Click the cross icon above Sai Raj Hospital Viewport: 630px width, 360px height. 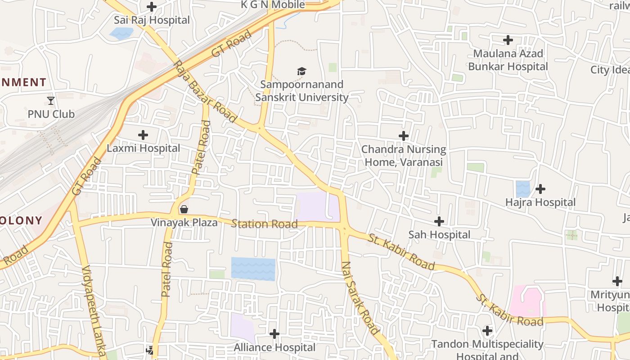[152, 7]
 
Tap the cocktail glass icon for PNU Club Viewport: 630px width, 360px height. [50, 100]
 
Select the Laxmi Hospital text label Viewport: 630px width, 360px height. [143, 148]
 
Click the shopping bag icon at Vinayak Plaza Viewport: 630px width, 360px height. [184, 209]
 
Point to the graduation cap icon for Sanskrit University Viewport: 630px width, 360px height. [301, 71]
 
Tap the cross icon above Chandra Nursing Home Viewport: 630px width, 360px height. [404, 136]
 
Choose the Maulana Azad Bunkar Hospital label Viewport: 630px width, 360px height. [508, 60]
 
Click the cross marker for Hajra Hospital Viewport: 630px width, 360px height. [540, 189]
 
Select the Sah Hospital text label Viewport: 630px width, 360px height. [439, 234]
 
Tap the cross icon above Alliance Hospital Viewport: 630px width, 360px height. [274, 334]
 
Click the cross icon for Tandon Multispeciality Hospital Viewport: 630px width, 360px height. [487, 331]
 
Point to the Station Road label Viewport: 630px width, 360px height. [264, 224]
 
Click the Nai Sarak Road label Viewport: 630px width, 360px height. [360, 297]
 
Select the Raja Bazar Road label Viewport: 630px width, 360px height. [205, 91]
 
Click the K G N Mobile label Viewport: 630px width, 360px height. [273, 5]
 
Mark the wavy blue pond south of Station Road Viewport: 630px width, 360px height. [253, 269]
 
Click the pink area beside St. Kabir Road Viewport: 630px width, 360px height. [527, 301]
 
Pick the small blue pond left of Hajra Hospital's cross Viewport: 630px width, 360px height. [522, 189]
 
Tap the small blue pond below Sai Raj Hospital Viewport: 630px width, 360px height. [121, 33]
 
